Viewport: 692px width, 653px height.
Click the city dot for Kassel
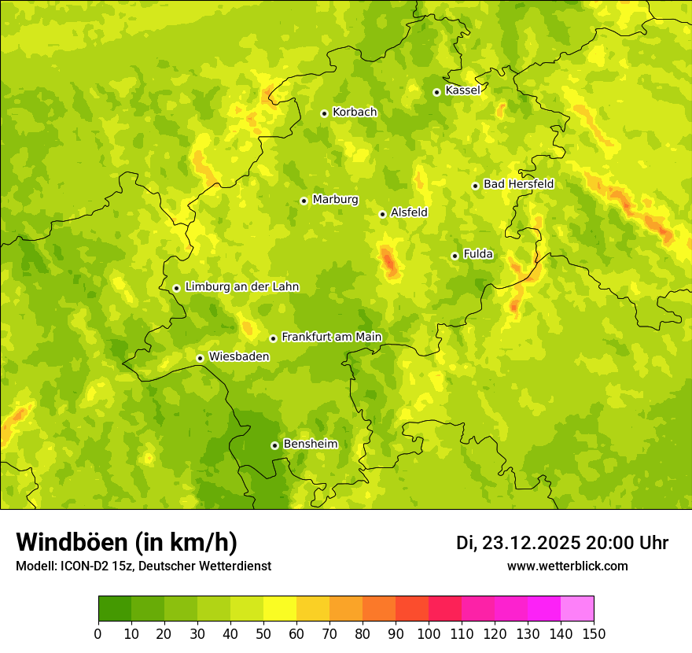click(x=436, y=92)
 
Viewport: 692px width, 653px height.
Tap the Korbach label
click(x=355, y=113)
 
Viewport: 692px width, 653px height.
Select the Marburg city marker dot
click(x=304, y=201)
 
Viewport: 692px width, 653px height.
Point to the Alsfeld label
click(x=409, y=212)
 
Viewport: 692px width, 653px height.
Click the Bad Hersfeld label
click(x=518, y=184)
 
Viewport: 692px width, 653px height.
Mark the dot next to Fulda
click(x=455, y=256)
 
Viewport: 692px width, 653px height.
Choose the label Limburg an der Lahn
click(x=242, y=287)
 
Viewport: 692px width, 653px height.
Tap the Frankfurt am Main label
click(x=331, y=337)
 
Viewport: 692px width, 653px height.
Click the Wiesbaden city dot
click(x=200, y=358)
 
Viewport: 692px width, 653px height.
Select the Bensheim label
click(x=310, y=444)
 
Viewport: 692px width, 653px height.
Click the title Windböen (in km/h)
click(x=127, y=542)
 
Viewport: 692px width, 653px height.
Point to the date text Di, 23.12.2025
click(x=518, y=543)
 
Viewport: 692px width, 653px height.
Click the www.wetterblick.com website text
click(x=567, y=566)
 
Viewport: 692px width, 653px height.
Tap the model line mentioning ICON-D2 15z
click(x=143, y=566)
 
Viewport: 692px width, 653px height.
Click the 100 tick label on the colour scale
click(x=429, y=633)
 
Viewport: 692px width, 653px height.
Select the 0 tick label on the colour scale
click(x=98, y=633)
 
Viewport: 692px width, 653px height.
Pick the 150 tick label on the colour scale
click(x=594, y=633)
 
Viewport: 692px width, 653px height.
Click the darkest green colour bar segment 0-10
click(x=115, y=609)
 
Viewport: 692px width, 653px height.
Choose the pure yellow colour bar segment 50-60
click(x=280, y=609)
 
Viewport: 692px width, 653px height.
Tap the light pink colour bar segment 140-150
click(x=577, y=609)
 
